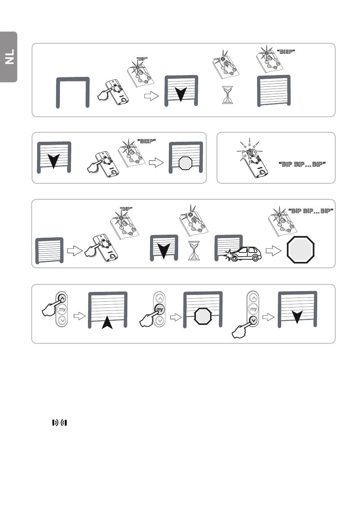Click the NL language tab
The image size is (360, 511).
tap(9, 57)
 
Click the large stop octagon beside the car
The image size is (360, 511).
tap(301, 249)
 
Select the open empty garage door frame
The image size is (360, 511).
tap(73, 92)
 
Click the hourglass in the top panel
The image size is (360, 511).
tap(227, 95)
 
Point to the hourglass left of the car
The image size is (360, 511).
tap(194, 251)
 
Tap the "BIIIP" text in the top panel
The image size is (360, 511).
tap(286, 52)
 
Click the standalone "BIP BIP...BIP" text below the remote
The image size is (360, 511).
tap(302, 164)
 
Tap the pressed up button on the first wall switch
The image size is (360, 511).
tap(63, 298)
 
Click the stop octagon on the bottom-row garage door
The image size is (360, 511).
tap(203, 316)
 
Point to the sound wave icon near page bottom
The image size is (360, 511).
tap(59, 423)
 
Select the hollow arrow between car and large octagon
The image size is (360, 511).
tap(274, 251)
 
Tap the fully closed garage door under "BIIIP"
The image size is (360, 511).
tap(274, 91)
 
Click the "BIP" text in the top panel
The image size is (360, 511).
tap(142, 59)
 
